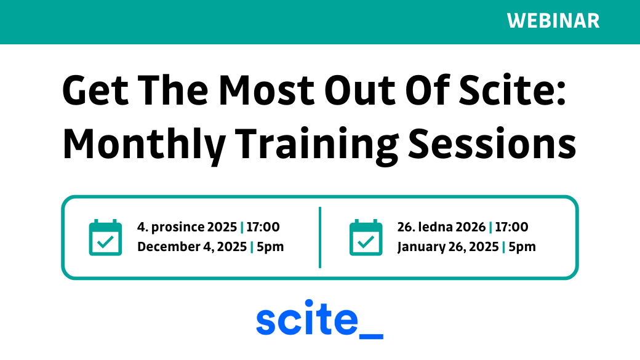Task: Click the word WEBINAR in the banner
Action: click(553, 21)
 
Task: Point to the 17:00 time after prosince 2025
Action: click(263, 227)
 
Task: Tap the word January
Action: click(420, 247)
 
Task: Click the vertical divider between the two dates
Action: click(320, 238)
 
